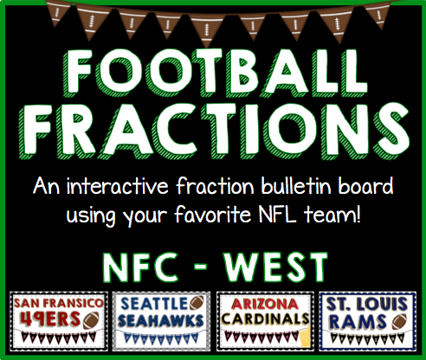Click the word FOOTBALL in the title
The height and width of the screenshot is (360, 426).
click(214, 74)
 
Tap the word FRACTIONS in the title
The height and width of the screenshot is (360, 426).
click(214, 132)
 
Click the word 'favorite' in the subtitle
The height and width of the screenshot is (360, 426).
click(213, 215)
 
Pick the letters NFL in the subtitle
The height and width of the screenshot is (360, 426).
click(277, 215)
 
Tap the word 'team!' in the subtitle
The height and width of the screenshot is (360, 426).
click(332, 215)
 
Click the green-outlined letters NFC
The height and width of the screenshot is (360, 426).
click(140, 267)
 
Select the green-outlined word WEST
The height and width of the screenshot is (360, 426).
click(276, 267)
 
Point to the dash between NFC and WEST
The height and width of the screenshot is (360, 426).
click(201, 266)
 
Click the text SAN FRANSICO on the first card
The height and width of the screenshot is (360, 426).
click(59, 303)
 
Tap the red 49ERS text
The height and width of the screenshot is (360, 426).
click(50, 318)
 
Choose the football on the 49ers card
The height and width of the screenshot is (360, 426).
click(91, 320)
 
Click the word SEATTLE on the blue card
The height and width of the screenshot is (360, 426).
click(154, 304)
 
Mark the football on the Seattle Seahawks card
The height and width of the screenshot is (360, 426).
click(197, 303)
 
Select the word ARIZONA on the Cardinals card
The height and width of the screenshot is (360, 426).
click(264, 304)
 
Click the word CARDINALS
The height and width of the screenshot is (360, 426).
click(266, 318)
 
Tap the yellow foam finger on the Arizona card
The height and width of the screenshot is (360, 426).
click(305, 336)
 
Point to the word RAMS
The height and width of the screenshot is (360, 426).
click(358, 322)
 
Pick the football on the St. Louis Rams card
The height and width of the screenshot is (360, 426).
click(399, 321)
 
